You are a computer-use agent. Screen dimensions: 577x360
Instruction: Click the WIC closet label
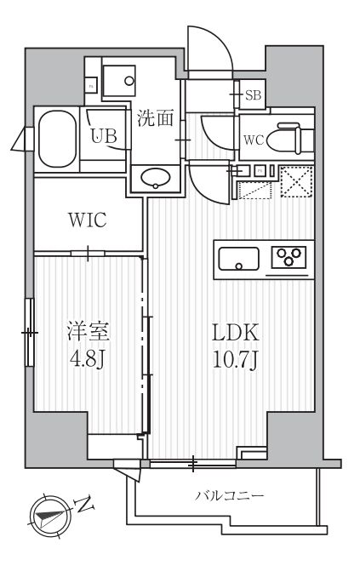[87, 220]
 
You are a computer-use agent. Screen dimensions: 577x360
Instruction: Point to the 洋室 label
[87, 330]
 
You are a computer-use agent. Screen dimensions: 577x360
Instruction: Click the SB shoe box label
[253, 95]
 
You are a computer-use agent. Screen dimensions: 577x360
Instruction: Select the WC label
[254, 140]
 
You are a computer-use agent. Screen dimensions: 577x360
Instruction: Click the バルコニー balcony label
[230, 495]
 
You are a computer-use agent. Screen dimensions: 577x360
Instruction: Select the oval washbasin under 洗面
[156, 179]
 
